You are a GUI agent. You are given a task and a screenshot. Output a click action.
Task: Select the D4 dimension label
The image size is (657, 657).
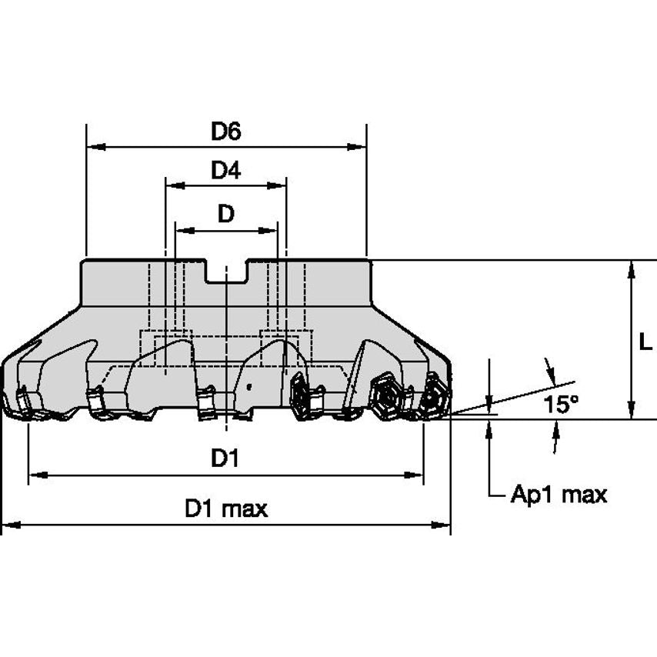(225, 171)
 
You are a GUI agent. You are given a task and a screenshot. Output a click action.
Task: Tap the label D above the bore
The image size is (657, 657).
(225, 215)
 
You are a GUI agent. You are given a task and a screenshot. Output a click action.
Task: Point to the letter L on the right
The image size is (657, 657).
(645, 342)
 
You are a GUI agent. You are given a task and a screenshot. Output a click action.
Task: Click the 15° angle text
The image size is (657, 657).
(562, 405)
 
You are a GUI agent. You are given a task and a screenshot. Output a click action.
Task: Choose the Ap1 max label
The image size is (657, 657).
(559, 495)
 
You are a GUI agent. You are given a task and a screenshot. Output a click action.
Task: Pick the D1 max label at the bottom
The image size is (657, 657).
(225, 509)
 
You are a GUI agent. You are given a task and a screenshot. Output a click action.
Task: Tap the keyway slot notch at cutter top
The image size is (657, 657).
(225, 272)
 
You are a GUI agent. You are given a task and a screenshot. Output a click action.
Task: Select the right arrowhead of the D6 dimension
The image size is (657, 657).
(359, 146)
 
